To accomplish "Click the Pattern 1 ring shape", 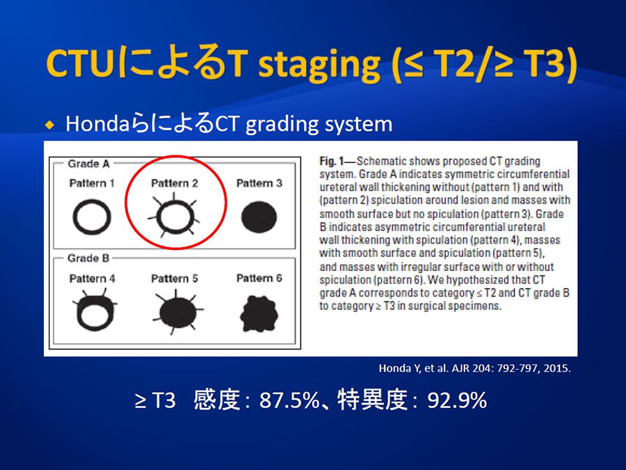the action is pos(74,217).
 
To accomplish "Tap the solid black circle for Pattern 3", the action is pos(259,217).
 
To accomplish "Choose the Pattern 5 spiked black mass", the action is pos(177,313).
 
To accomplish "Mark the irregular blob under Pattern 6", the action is pos(259,314).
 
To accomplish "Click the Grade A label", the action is pos(88,164).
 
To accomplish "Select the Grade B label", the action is pos(88,258).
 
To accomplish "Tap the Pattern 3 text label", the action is pos(259,183).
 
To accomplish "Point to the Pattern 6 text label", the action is pos(259,278).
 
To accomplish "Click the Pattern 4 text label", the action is pos(93,278).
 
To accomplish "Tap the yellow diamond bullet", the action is pos(49,125).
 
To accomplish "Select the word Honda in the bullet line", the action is pos(98,123).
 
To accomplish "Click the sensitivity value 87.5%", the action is pos(289,400).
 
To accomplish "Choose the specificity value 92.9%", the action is pos(457,400).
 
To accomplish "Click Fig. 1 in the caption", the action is pos(331,162).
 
